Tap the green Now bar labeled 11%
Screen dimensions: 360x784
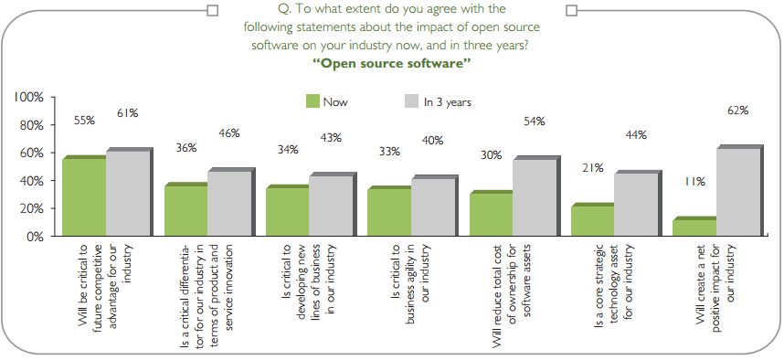(694, 227)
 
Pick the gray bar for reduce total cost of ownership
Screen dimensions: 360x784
(535, 196)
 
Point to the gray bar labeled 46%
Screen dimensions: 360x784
(230, 202)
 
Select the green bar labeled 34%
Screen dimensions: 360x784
(287, 211)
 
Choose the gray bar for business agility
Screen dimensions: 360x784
(434, 206)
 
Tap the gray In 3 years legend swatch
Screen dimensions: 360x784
(410, 101)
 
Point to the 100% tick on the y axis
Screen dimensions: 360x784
(30, 97)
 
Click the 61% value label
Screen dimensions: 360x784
(127, 113)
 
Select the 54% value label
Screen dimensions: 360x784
(535, 121)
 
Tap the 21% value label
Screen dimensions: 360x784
(592, 168)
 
